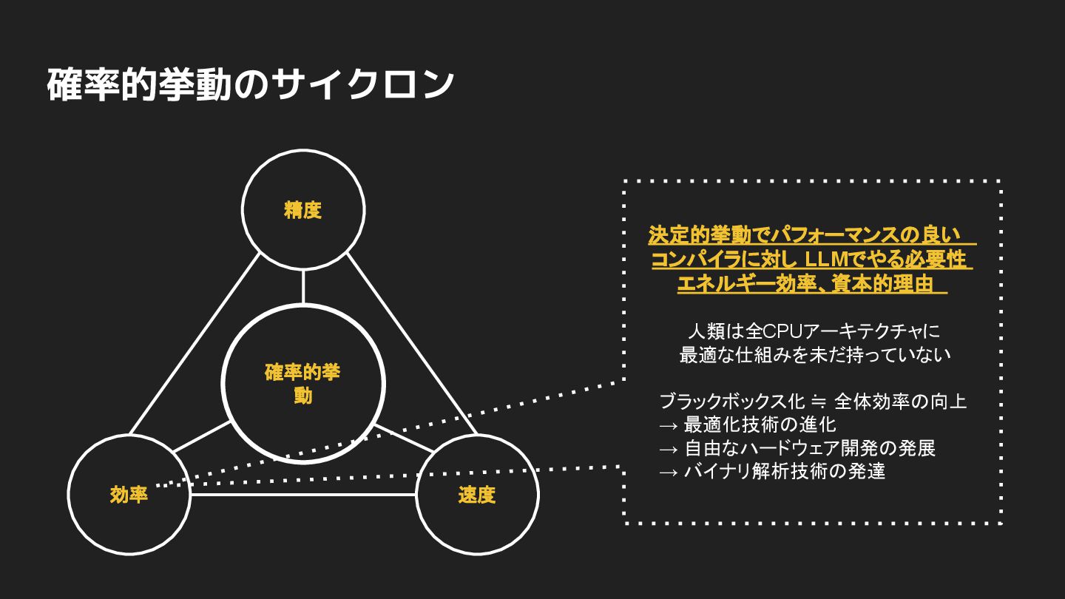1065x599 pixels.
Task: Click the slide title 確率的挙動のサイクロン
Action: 250,85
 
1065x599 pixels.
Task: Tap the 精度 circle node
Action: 303,210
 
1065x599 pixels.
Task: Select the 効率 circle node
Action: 129,495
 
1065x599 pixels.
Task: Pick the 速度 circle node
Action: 477,495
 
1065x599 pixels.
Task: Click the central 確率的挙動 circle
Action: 303,384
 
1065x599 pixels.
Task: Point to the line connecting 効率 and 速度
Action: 303,494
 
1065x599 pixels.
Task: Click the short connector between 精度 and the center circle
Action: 303,287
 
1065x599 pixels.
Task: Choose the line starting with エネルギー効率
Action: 812,284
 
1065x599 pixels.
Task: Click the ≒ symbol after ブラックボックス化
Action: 819,402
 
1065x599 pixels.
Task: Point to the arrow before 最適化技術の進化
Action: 668,425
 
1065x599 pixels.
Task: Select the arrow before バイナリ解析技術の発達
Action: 668,472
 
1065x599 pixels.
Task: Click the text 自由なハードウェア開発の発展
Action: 809,448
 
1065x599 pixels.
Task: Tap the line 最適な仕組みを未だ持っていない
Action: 814,355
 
